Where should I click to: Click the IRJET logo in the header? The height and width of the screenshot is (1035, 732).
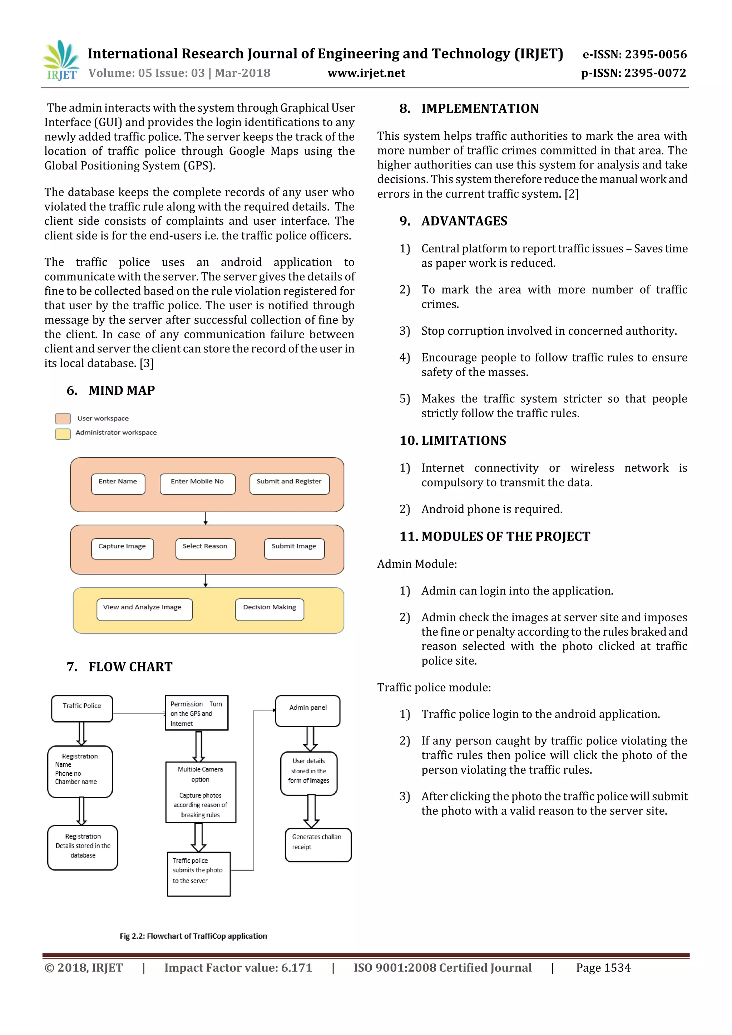click(x=61, y=60)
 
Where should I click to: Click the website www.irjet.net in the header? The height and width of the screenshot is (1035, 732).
click(x=366, y=73)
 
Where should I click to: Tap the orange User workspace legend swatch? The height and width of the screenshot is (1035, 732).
click(x=63, y=418)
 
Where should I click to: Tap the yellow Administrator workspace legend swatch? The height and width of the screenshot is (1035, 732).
click(x=63, y=434)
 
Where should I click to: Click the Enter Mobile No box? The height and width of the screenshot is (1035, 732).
click(x=197, y=484)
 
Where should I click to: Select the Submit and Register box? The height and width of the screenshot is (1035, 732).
click(x=289, y=484)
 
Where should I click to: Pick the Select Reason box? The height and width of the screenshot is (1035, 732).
click(x=205, y=548)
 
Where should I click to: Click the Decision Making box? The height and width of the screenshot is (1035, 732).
click(x=269, y=609)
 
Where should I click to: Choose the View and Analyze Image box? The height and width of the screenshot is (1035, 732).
click(x=144, y=609)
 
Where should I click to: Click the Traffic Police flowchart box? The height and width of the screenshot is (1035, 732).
click(x=82, y=708)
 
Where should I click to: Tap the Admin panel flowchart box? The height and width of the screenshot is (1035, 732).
click(x=308, y=710)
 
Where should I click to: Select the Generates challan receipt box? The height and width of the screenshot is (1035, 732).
click(x=318, y=844)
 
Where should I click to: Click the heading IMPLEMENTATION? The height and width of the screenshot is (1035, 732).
click(x=480, y=109)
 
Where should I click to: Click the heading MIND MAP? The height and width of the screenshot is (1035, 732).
click(x=122, y=390)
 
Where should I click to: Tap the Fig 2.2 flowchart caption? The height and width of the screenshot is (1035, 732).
click(x=193, y=936)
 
